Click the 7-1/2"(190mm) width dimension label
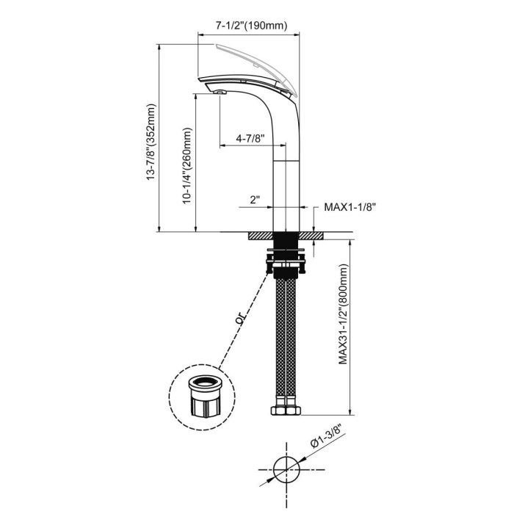coord(251,26)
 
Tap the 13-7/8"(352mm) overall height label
coord(151,142)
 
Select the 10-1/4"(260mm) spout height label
coord(187,166)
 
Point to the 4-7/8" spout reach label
coord(250,138)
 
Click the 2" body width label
coord(255,200)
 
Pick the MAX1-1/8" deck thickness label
coord(350,207)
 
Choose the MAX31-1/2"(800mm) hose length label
coord(343,314)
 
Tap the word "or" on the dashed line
coord(241,318)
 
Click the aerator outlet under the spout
coord(220,92)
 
